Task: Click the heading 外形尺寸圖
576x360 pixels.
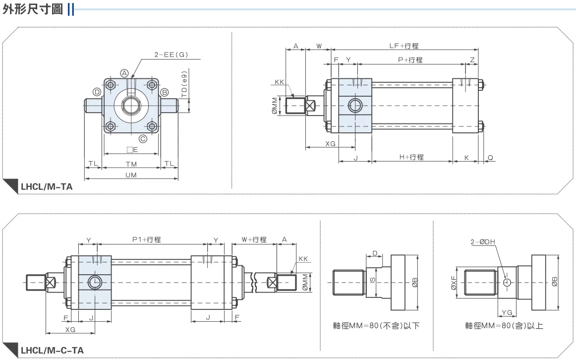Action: [x=33, y=9]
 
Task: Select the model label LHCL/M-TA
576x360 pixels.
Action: [x=47, y=186]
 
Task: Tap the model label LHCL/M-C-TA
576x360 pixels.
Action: [x=52, y=351]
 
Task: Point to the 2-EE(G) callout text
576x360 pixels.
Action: [x=171, y=55]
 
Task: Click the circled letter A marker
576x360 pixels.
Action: [x=125, y=73]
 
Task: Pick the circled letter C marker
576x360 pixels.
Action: [x=143, y=138]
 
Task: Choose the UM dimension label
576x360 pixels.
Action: [x=131, y=175]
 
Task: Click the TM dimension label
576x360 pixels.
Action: [x=131, y=164]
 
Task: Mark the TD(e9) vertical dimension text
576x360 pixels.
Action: [x=184, y=84]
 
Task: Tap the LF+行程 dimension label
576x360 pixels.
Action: [x=404, y=46]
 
